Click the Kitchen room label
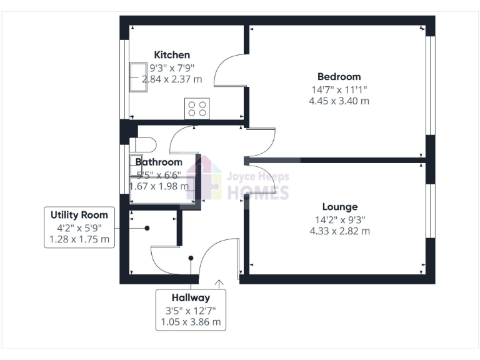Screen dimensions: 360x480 coord(172,55)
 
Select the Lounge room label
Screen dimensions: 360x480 coord(340,207)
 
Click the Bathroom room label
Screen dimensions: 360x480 coord(160,162)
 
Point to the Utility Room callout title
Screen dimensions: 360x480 coord(79,215)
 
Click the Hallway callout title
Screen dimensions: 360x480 coord(191,297)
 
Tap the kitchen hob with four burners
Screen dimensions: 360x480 coord(197,109)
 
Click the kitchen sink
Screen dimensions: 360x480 coord(137,77)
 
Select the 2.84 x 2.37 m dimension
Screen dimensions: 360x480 coord(172,79)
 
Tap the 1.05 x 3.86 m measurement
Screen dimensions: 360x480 coord(191,322)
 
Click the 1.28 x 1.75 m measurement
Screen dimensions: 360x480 coord(79,239)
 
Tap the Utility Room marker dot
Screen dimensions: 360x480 coord(147,228)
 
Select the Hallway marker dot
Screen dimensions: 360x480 coord(191,257)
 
